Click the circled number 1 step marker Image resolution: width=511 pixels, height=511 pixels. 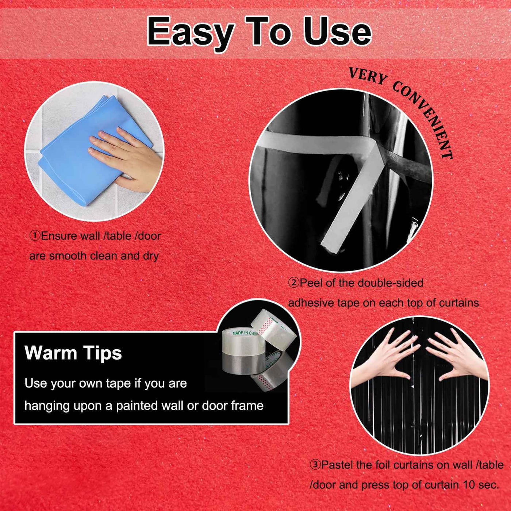(35, 236)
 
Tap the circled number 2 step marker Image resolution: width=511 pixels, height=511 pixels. (293, 283)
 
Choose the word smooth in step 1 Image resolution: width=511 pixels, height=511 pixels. (68, 256)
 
